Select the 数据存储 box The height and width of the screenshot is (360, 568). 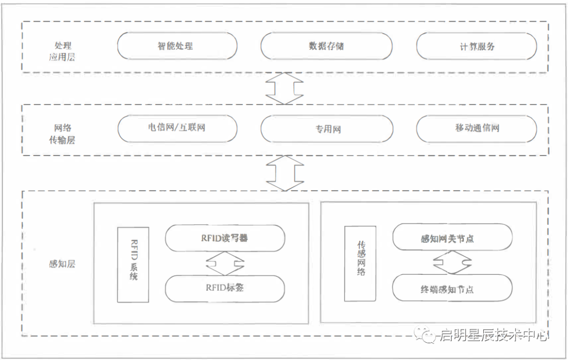click(x=326, y=46)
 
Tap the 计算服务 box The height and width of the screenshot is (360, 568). click(x=476, y=46)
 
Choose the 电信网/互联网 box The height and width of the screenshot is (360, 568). click(x=177, y=128)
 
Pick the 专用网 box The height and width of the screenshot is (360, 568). click(x=327, y=129)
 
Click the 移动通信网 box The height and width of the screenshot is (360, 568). click(x=476, y=128)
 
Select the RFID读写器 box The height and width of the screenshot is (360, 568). click(x=225, y=238)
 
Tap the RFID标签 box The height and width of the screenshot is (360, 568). click(x=225, y=288)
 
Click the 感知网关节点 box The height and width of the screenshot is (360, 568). click(x=452, y=238)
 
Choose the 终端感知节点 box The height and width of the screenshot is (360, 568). click(x=452, y=289)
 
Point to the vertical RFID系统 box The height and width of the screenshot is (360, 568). click(x=133, y=264)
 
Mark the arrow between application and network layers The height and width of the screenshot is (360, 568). click(x=285, y=88)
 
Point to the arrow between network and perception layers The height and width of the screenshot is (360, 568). click(x=285, y=172)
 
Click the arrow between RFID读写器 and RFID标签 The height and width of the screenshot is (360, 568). click(x=225, y=263)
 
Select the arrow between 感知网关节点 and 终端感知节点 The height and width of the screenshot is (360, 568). click(x=452, y=263)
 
